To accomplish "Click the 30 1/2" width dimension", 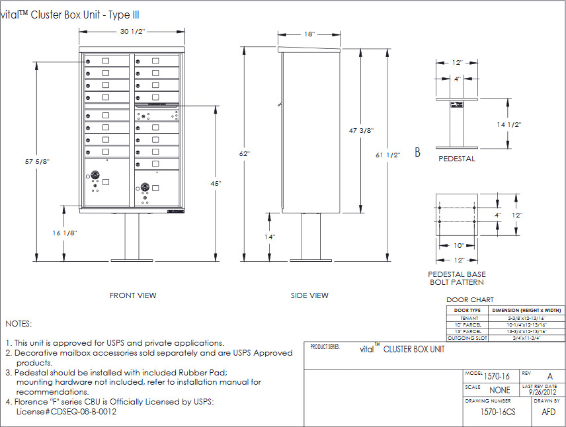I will tap(132, 31).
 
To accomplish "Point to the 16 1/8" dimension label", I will tap(64, 233).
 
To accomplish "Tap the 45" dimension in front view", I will tap(216, 182).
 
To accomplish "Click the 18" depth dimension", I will tap(309, 34).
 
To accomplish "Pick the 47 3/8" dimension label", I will tap(361, 131).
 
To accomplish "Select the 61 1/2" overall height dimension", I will tap(388, 155).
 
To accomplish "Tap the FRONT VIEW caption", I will tap(133, 295).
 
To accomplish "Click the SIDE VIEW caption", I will tap(309, 295).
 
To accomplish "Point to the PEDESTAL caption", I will tap(457, 159).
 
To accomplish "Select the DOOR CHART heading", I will tap(470, 300).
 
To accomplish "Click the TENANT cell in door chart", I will tap(467, 318).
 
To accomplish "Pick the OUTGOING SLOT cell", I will tap(467, 338).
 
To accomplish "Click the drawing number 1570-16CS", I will tap(497, 411).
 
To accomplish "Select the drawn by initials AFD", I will tap(548, 411).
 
